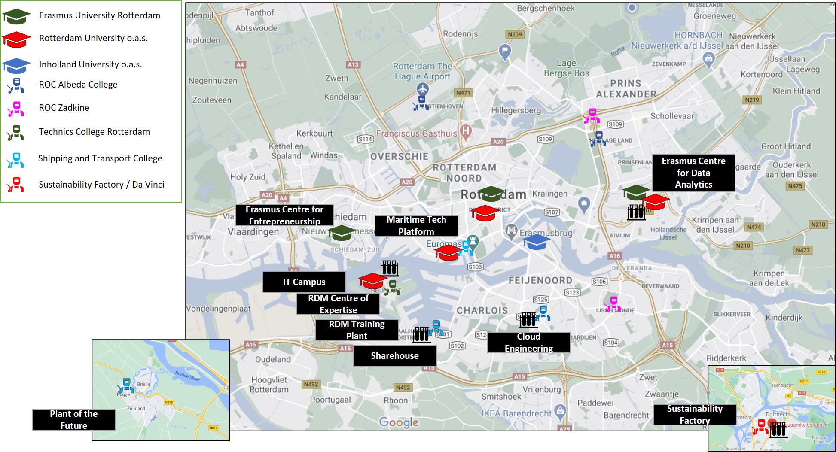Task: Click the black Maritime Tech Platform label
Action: point(416,226)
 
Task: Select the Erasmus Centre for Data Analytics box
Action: point(693,173)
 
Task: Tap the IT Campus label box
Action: point(304,282)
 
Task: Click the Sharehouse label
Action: point(394,355)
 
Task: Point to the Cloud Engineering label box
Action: point(528,343)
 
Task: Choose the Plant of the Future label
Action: point(73,419)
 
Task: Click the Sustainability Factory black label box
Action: point(694,415)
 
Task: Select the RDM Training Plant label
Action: point(356,330)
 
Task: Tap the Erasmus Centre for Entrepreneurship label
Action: point(284,215)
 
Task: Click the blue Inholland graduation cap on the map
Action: point(536,242)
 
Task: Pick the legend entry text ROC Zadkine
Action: point(64,108)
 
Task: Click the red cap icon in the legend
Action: point(16,39)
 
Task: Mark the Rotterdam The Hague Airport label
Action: point(422,71)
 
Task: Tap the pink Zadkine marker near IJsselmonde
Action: point(613,304)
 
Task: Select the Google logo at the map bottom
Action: point(399,422)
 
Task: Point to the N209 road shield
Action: point(514,34)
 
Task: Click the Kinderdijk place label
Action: point(784,318)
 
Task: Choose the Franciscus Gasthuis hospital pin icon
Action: point(466,131)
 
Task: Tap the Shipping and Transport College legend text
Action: point(100,158)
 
